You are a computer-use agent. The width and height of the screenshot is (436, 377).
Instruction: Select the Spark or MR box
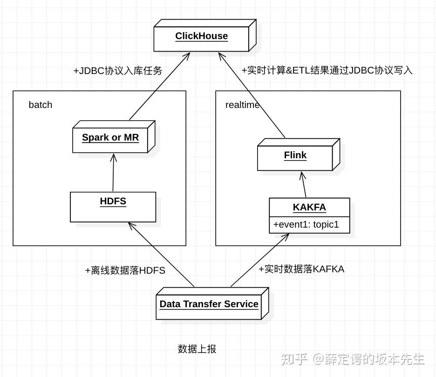pos(110,139)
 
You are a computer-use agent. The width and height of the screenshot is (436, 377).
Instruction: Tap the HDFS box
pos(113,207)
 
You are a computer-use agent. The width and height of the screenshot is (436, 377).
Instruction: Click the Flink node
pos(295,157)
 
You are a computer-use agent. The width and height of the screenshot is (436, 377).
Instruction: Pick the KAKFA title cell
pos(309,207)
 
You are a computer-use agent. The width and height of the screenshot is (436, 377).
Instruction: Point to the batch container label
pos(41,105)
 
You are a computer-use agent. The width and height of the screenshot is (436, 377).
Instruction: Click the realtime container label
pos(242,105)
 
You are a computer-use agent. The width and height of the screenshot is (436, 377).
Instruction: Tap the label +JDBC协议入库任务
pos(118,71)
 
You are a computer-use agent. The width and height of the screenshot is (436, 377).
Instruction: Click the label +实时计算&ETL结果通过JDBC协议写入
pos(327,70)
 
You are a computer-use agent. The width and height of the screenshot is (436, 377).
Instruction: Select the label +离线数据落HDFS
pos(125,270)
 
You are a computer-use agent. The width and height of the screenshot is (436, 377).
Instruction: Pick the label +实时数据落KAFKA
pos(301,269)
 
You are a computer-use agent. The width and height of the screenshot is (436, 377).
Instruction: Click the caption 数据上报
pos(197,349)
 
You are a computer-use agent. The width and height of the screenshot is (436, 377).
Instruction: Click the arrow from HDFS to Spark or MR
pos(113,173)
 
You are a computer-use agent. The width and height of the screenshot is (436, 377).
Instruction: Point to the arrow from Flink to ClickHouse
pos(252,95)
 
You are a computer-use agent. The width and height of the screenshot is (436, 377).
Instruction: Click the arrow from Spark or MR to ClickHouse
pos(159,87)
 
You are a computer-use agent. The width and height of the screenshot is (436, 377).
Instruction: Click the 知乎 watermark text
pos(293,359)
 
